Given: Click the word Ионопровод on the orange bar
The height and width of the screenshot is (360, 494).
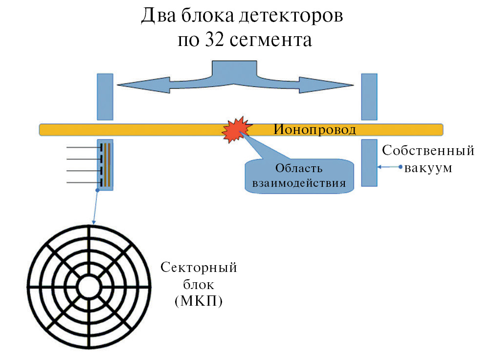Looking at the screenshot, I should [x=314, y=130].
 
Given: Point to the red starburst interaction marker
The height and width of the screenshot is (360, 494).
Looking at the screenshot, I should [x=236, y=129].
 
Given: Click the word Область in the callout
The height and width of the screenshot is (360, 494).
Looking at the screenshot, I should [x=299, y=169].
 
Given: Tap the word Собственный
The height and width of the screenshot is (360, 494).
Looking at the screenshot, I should [x=428, y=151].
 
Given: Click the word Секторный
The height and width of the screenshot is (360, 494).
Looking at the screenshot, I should [x=199, y=268].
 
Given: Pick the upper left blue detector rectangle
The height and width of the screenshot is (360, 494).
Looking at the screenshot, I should [x=105, y=96].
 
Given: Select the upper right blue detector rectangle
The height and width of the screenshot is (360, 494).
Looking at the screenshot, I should [x=369, y=96].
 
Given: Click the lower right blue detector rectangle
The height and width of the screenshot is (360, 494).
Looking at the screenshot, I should [x=369, y=162].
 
